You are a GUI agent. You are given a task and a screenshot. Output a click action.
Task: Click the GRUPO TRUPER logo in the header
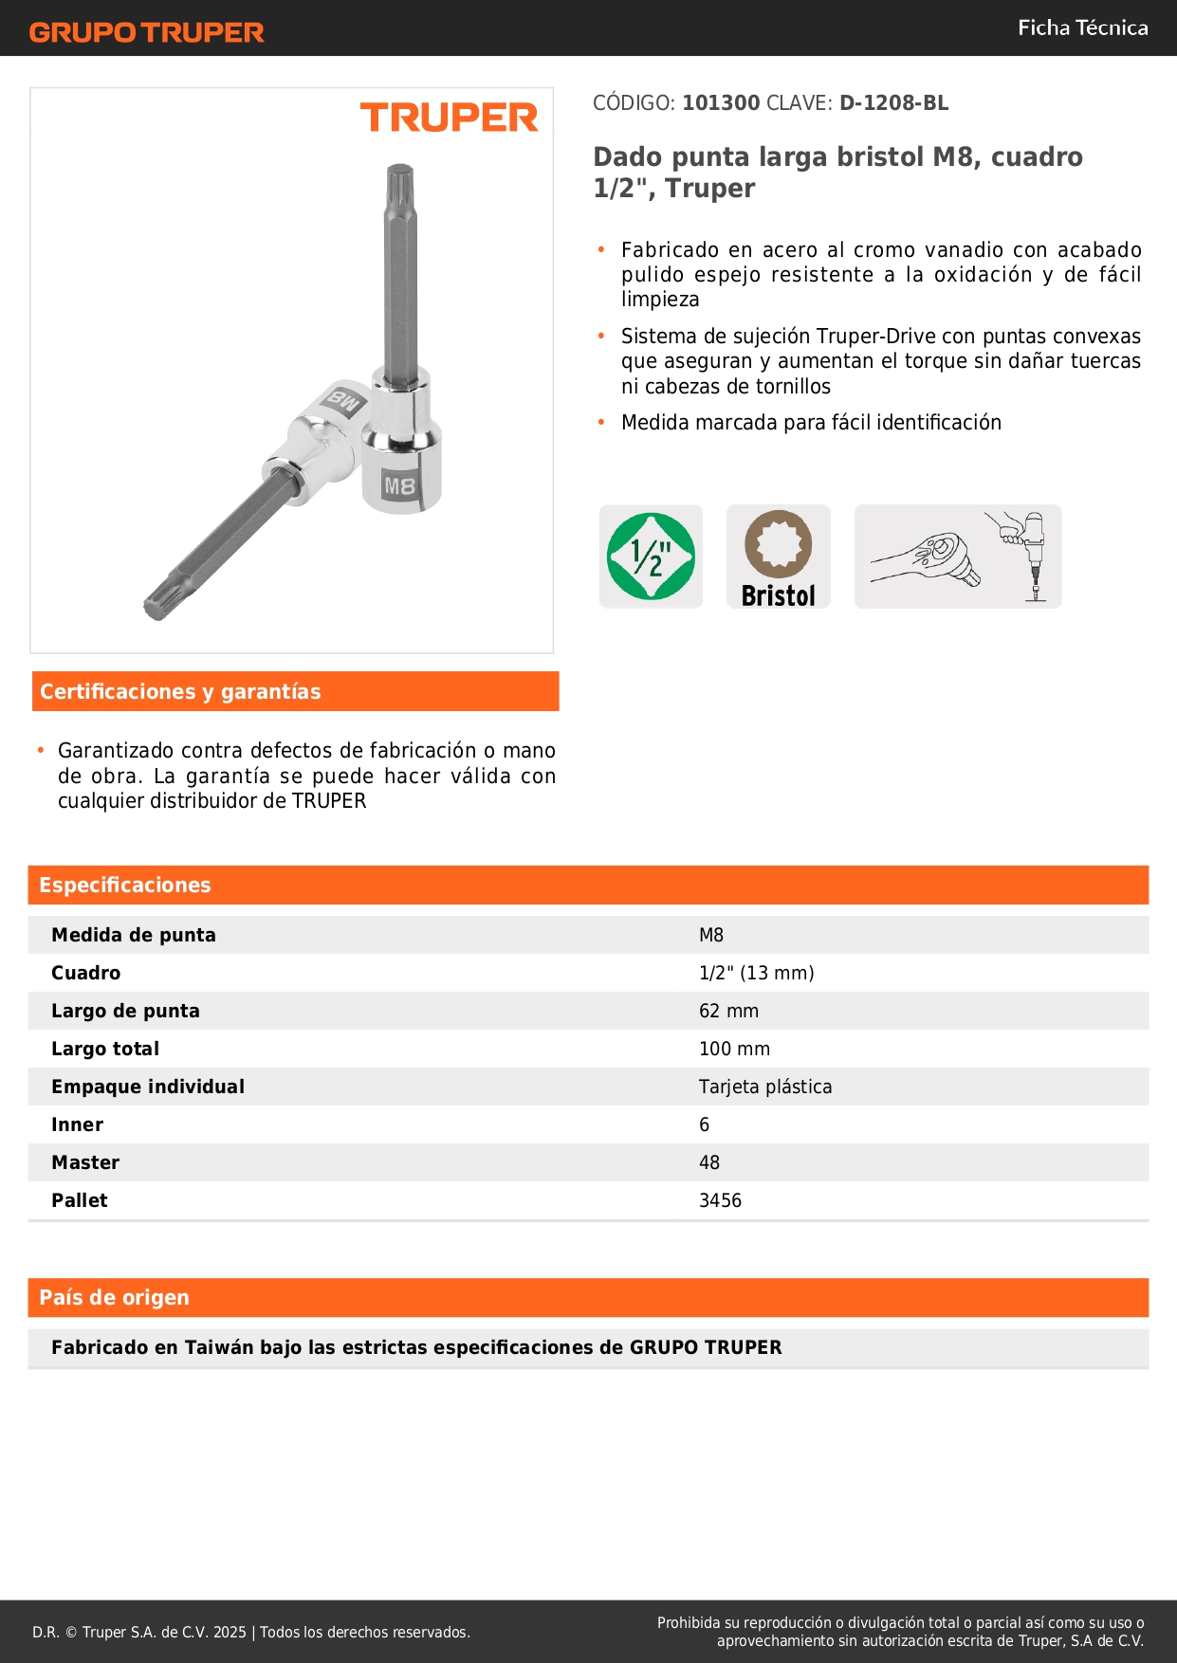(146, 32)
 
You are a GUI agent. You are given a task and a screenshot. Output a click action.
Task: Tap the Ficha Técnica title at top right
(1082, 27)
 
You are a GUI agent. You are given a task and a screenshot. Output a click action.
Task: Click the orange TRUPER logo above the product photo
(449, 118)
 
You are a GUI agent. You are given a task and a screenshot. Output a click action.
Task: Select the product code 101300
(721, 103)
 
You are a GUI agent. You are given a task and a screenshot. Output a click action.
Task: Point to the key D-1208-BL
(893, 103)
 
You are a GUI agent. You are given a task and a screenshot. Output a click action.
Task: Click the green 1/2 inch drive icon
(651, 557)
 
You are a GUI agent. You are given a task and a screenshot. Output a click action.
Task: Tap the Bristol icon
(779, 557)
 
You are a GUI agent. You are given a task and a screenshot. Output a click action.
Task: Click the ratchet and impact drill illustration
(958, 557)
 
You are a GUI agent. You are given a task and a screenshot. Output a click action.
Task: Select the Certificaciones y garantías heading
(180, 692)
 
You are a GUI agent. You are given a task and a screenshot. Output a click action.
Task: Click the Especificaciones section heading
(125, 886)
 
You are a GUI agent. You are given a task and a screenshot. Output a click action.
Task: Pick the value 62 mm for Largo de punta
(728, 1011)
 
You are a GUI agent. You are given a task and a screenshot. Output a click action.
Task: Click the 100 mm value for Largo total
(734, 1049)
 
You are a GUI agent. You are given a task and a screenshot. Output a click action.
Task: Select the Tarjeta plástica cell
(765, 1087)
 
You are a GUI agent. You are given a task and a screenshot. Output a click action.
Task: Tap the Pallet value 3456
(720, 1200)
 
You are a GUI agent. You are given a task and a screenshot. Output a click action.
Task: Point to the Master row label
(85, 1162)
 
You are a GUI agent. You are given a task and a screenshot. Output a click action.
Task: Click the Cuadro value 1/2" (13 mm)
(756, 973)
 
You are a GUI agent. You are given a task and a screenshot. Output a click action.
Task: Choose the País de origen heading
(114, 1298)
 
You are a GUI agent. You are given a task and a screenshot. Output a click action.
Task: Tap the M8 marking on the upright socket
(399, 486)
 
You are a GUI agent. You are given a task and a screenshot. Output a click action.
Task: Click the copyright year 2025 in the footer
(230, 1632)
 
